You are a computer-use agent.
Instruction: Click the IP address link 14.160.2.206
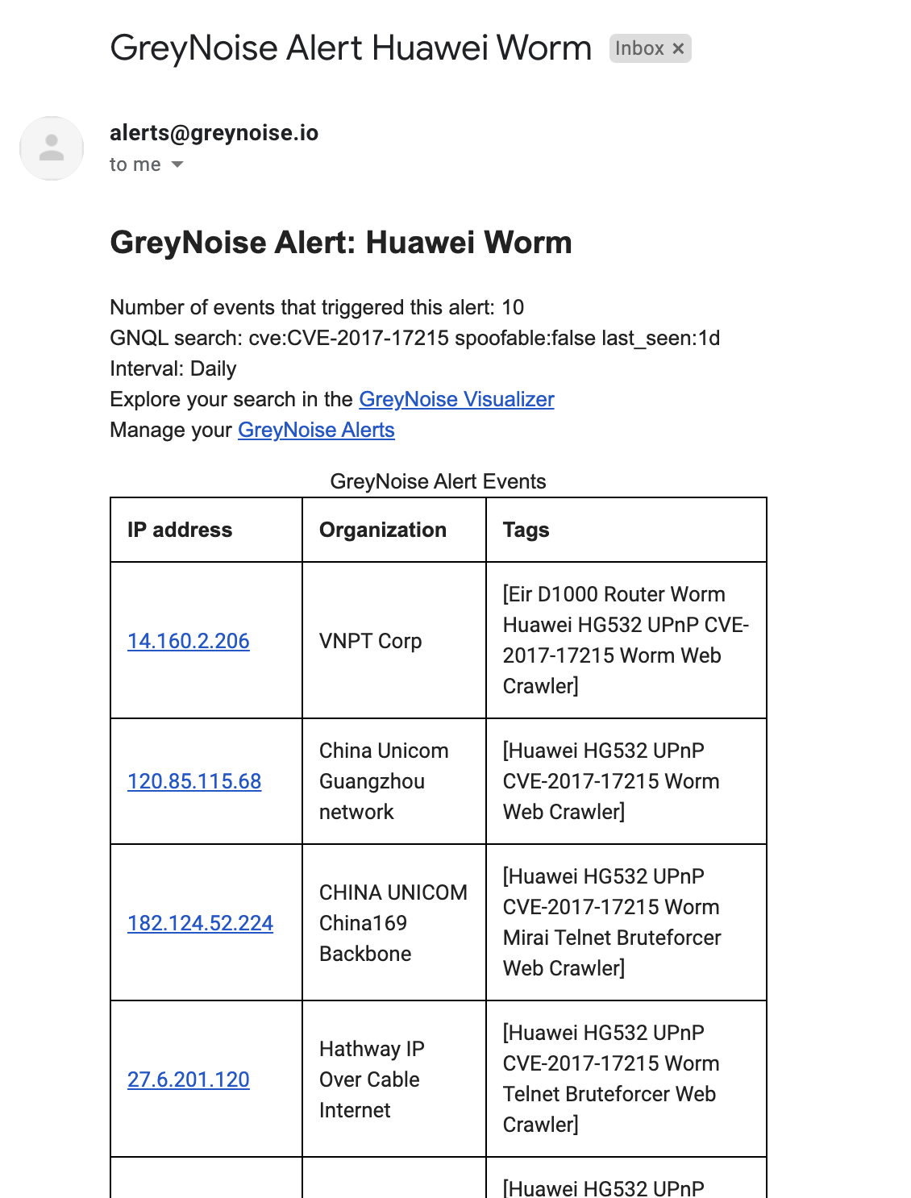click(188, 641)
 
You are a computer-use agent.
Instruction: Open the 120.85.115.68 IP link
click(194, 781)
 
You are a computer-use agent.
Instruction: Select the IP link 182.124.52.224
click(200, 923)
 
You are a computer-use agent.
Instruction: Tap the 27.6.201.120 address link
click(188, 1079)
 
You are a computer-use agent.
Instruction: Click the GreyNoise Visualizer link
click(456, 399)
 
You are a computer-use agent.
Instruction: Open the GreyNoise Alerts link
click(316, 430)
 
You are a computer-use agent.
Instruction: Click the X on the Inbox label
click(679, 48)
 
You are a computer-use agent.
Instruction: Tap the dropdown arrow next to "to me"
click(177, 164)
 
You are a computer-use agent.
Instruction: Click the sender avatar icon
click(52, 148)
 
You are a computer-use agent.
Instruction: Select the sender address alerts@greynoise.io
click(214, 132)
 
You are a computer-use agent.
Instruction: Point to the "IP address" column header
click(180, 530)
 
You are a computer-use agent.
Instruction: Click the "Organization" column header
click(383, 530)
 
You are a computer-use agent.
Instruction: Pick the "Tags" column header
click(526, 530)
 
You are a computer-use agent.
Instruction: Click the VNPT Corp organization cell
click(370, 641)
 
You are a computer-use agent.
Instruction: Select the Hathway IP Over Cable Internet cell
click(372, 1079)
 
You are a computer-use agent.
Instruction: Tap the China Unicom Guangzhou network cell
click(384, 781)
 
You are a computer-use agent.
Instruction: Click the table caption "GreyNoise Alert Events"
click(438, 481)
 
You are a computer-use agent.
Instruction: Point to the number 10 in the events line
click(513, 307)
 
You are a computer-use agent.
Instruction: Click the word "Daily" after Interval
click(214, 368)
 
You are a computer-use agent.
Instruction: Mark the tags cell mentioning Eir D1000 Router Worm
click(626, 640)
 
